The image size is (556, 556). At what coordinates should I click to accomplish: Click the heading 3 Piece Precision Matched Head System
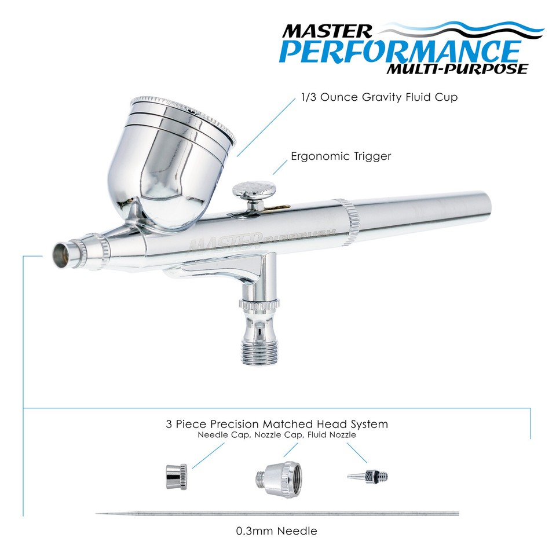click(x=276, y=424)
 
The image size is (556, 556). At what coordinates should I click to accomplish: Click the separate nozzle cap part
click(x=276, y=476)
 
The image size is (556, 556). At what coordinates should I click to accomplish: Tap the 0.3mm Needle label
click(x=276, y=531)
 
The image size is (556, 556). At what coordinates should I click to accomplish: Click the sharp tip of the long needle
click(x=98, y=513)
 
